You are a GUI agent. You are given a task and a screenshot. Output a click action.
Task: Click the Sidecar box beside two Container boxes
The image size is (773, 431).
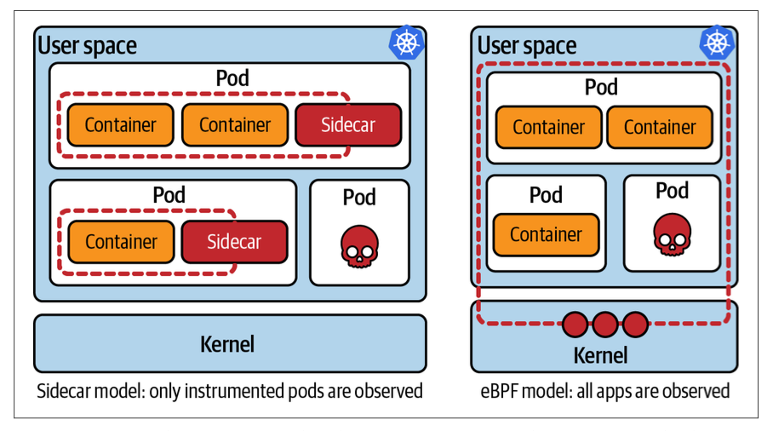[x=347, y=125]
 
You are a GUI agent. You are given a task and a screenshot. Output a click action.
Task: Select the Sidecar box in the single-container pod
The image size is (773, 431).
[x=234, y=242]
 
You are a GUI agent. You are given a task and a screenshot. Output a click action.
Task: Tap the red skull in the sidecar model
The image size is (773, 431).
[x=359, y=244]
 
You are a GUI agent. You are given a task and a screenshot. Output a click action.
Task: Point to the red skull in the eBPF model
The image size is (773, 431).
[x=672, y=234]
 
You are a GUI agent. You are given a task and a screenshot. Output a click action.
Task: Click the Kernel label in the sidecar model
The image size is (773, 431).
[x=227, y=344]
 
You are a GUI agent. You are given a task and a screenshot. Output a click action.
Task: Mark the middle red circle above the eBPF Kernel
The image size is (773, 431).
[x=605, y=324]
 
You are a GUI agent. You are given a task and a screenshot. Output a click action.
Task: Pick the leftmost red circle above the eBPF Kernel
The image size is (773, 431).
[x=575, y=324]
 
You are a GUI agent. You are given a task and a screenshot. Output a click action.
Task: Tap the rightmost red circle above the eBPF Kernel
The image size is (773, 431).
[x=635, y=324]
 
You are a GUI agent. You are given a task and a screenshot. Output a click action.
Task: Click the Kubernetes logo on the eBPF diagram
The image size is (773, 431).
[x=717, y=43]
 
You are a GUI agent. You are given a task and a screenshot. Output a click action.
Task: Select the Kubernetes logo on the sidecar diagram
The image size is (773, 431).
[x=406, y=43]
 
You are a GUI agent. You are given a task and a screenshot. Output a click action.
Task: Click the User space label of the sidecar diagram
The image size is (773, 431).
[x=87, y=45]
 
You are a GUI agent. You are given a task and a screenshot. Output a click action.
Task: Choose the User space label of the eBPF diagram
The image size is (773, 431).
[x=527, y=45]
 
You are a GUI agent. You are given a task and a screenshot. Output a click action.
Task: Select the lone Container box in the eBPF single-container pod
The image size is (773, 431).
[x=546, y=235]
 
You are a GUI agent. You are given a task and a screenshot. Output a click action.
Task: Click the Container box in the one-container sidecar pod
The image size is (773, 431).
[x=121, y=242]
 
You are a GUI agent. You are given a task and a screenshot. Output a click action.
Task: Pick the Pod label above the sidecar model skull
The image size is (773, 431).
[x=359, y=198]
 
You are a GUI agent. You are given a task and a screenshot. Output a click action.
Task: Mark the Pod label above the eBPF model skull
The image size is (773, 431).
[x=672, y=190]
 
